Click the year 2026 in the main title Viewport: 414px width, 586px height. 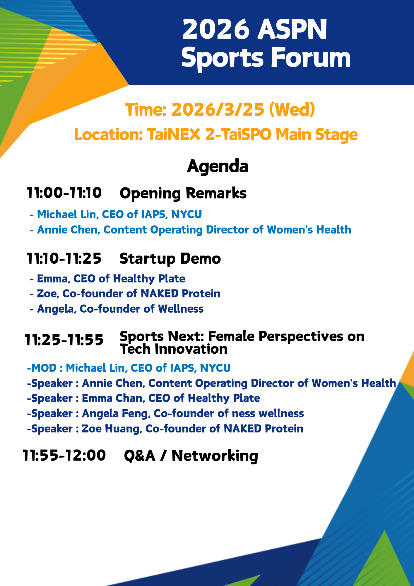216,29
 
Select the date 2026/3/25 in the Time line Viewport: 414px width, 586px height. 218,110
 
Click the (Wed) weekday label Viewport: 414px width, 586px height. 292,110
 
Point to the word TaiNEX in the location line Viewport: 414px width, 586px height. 174,135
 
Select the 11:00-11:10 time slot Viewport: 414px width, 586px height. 64,193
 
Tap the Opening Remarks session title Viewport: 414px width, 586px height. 183,194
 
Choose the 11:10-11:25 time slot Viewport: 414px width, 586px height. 64,258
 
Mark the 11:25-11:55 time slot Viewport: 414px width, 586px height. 64,340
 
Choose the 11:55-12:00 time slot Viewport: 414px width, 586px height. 64,456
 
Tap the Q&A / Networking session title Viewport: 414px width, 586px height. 191,456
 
